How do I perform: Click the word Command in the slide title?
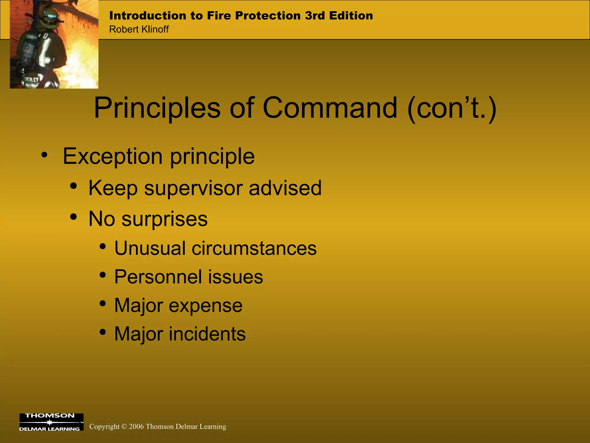(x=330, y=108)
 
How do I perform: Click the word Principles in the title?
(x=157, y=108)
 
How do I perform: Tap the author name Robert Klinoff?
(x=139, y=29)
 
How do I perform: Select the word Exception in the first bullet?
(x=113, y=156)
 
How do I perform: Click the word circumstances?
(x=254, y=248)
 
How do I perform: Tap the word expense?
(x=205, y=305)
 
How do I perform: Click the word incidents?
(x=207, y=334)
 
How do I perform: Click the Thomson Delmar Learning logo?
(x=51, y=422)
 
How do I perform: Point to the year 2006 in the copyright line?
(x=136, y=427)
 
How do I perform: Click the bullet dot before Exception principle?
(x=44, y=155)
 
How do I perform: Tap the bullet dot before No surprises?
(x=74, y=217)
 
